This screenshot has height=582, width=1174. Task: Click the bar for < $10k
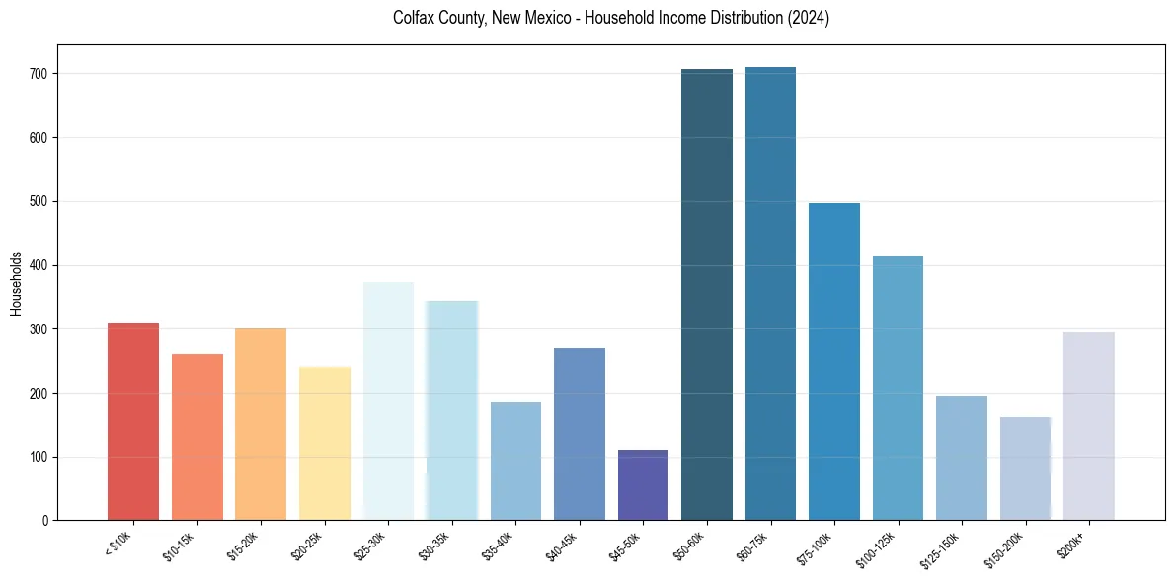coord(133,421)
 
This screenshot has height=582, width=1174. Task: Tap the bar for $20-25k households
coord(324,444)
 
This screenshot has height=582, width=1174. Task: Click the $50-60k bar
coord(707,295)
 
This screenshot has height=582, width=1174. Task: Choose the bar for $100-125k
coord(898,389)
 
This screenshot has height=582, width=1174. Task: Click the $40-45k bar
coord(580,434)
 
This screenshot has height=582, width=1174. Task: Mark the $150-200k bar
coord(1025,469)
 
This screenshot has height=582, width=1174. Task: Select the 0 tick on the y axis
coord(47,520)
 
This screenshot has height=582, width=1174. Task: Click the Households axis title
coord(16,282)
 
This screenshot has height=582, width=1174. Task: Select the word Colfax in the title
coord(413,18)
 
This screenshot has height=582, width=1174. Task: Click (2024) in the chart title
coord(808,18)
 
